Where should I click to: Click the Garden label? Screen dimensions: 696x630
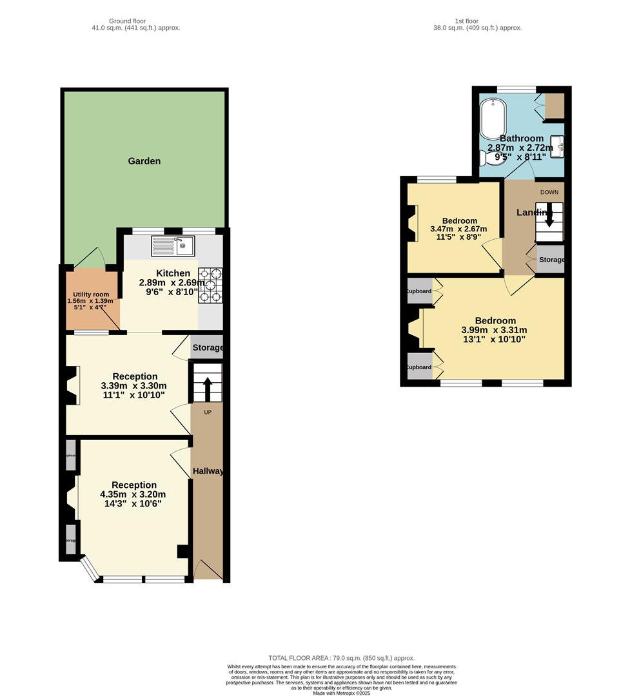pyautogui.click(x=144, y=161)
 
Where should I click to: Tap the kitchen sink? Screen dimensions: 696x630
pyautogui.click(x=172, y=246)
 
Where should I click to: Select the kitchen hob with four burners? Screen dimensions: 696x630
pyautogui.click(x=210, y=285)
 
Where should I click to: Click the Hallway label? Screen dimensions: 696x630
pyautogui.click(x=208, y=471)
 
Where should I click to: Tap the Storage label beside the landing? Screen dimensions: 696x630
pyautogui.click(x=551, y=260)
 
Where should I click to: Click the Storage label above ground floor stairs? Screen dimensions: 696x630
pyautogui.click(x=207, y=347)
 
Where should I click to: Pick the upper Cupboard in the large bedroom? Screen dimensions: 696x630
pyautogui.click(x=419, y=291)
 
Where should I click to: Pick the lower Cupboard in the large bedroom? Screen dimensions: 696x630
pyautogui.click(x=419, y=367)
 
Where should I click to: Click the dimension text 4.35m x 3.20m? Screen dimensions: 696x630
pyautogui.click(x=133, y=495)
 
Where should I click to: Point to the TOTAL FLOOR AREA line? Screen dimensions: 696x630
pyautogui.click(x=341, y=658)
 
